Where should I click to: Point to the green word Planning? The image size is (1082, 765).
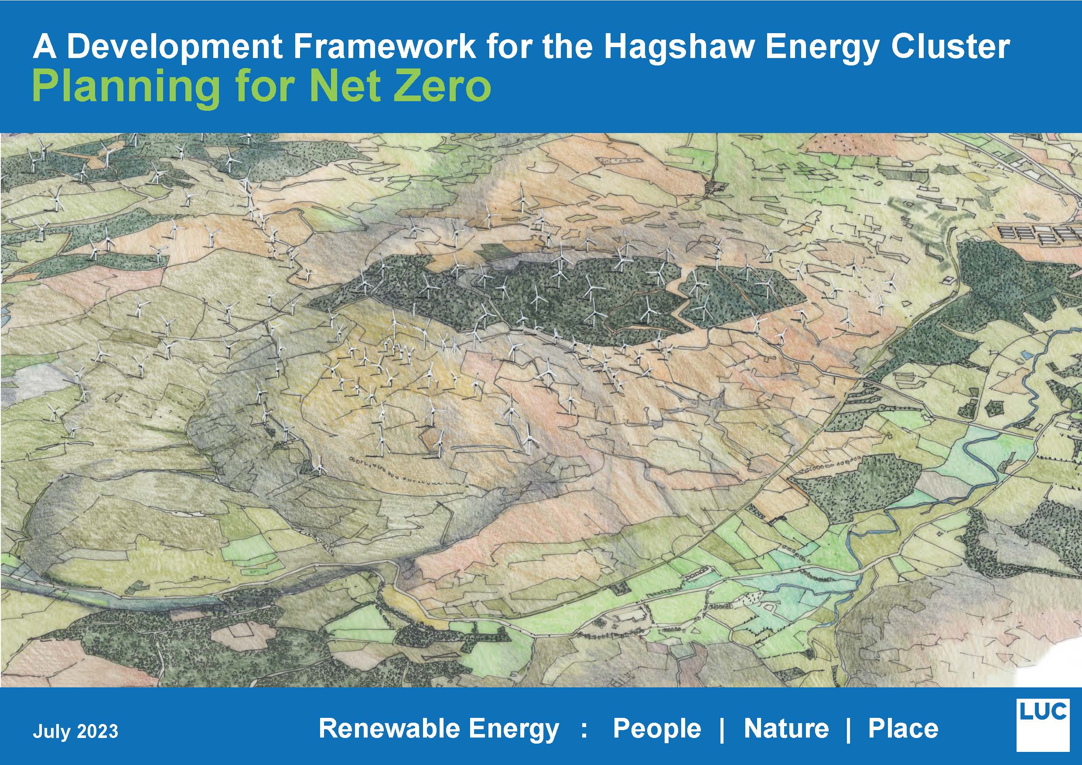coord(125,88)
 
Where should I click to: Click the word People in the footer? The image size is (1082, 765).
coord(657,729)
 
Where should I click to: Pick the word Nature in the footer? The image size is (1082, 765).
coord(786,728)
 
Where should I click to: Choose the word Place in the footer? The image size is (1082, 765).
coord(903,728)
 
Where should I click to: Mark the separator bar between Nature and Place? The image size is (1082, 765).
coord(849,729)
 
